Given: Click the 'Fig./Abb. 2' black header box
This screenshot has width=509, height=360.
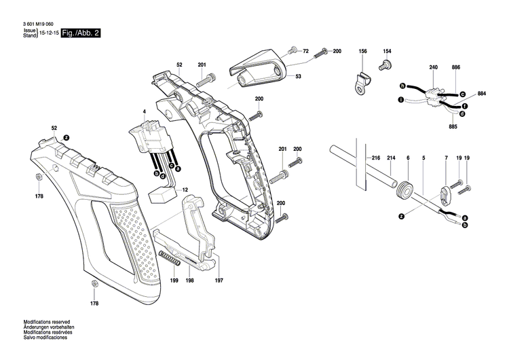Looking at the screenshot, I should click(81, 33).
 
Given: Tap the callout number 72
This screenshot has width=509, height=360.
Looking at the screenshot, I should click(305, 51).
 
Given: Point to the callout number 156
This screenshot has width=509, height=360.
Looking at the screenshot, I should click(362, 52).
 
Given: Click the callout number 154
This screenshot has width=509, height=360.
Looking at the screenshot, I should click(388, 52).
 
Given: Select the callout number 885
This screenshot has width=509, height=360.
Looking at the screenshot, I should click(453, 126).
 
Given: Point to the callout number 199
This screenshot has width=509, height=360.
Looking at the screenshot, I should click(155, 281).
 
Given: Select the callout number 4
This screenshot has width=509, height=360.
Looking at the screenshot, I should click(144, 111).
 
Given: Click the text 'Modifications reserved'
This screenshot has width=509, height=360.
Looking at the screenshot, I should click(47, 321).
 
